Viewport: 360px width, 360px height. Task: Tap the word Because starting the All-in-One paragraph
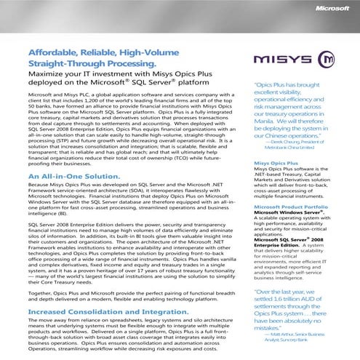41,185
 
